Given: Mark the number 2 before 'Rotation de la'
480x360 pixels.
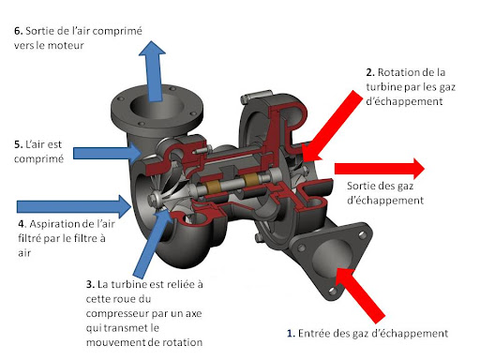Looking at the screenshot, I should pyautogui.click(x=369, y=72).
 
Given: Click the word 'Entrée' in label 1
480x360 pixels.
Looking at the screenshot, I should pyautogui.click(x=319, y=333).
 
